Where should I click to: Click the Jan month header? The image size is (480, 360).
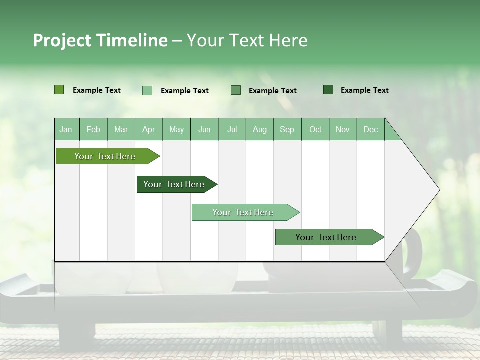pyautogui.click(x=66, y=129)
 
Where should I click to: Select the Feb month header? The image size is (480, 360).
pyautogui.click(x=93, y=129)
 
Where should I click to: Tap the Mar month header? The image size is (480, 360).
pyautogui.click(x=121, y=129)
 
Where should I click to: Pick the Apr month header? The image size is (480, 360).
pyautogui.click(x=149, y=129)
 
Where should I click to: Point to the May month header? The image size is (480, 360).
pyautogui.click(x=176, y=129)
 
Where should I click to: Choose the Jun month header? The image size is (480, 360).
pyautogui.click(x=204, y=129)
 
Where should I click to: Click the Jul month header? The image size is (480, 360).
pyautogui.click(x=232, y=129)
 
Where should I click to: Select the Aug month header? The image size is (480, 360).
pyautogui.click(x=260, y=129)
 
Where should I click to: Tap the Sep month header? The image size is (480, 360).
pyautogui.click(x=287, y=129)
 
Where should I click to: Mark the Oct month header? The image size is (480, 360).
pyautogui.click(x=315, y=129)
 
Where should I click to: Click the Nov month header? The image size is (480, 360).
pyautogui.click(x=343, y=129)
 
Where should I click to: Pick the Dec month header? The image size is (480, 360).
pyautogui.click(x=370, y=129)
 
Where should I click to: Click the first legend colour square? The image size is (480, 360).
pyautogui.click(x=59, y=90)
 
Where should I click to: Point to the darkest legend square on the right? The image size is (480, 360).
pyautogui.click(x=328, y=90)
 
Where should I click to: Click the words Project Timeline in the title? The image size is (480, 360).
pyautogui.click(x=100, y=40)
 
